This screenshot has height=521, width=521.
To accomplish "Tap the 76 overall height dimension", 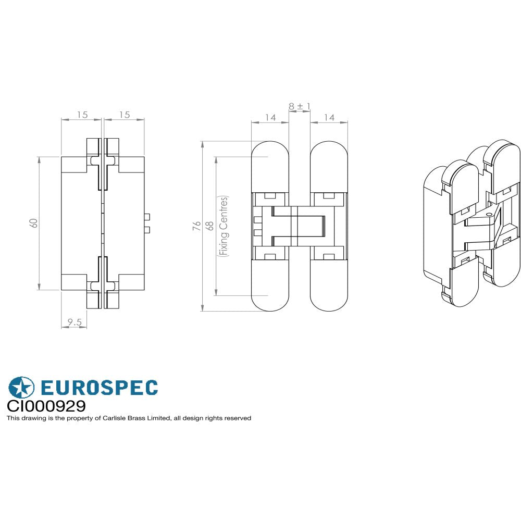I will point(196,226).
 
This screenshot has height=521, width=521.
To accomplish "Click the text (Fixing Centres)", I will point(224,226).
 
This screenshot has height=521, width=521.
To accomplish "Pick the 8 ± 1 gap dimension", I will point(300,106).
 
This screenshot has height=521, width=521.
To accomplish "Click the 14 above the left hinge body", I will point(270,118).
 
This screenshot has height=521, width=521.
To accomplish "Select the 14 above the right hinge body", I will point(329,118).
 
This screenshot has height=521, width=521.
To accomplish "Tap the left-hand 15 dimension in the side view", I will point(82,115).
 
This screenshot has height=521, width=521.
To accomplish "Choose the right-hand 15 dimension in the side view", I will point(124,115).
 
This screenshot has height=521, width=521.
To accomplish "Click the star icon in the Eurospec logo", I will point(21,388).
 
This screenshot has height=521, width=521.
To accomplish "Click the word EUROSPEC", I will point(98,388).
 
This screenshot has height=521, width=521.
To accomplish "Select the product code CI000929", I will point(46,406).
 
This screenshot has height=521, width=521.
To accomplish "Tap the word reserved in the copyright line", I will point(238,418).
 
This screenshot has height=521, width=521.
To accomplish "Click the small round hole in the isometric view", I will point(488,214).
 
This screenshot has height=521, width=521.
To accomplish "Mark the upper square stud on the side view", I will point(147,216).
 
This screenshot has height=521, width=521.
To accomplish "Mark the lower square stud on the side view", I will point(147,230).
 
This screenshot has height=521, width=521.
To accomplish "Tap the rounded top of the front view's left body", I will point(270,151).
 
